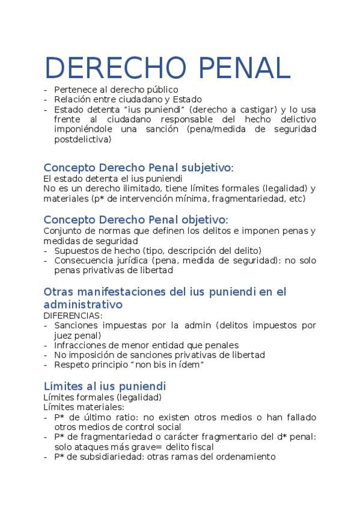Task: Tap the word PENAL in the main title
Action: click(x=236, y=69)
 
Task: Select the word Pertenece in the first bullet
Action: click(x=75, y=90)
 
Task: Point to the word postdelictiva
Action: click(x=82, y=139)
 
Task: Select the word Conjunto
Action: click(x=62, y=231)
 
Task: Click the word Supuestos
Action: click(x=75, y=250)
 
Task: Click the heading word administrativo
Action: click(x=83, y=304)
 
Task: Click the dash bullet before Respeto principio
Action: click(x=46, y=364)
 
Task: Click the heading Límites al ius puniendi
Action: click(x=105, y=386)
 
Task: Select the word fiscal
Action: click(x=200, y=446)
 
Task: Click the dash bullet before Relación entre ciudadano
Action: click(x=46, y=99)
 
